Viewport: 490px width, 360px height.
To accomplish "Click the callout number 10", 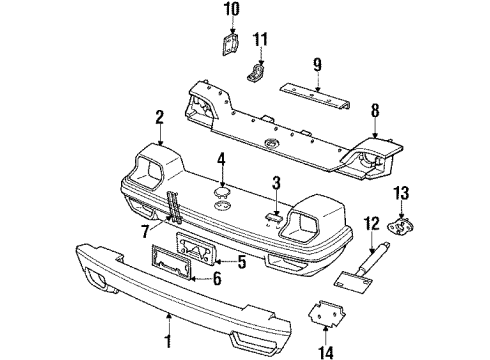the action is pyautogui.click(x=232, y=9).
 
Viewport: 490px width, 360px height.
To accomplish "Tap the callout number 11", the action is pyautogui.click(x=260, y=40).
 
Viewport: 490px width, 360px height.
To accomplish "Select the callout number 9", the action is pyautogui.click(x=317, y=65).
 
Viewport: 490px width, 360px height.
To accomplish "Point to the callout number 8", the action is pyautogui.click(x=375, y=110).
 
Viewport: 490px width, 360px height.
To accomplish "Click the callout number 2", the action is pyautogui.click(x=159, y=118).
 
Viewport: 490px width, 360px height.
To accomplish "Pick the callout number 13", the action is pyautogui.click(x=401, y=193).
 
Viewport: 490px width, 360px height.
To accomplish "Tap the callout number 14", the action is pyautogui.click(x=325, y=351).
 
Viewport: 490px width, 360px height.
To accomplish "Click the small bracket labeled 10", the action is pyautogui.click(x=230, y=44).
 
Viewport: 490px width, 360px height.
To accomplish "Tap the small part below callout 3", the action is pyautogui.click(x=274, y=217).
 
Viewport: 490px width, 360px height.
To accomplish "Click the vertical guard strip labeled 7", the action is pyautogui.click(x=175, y=207).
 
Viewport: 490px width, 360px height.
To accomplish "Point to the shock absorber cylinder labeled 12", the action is pyautogui.click(x=373, y=257).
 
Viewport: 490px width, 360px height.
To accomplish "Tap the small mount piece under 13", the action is pyautogui.click(x=400, y=226).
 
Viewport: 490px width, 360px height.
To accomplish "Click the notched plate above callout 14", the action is pyautogui.click(x=327, y=312).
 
